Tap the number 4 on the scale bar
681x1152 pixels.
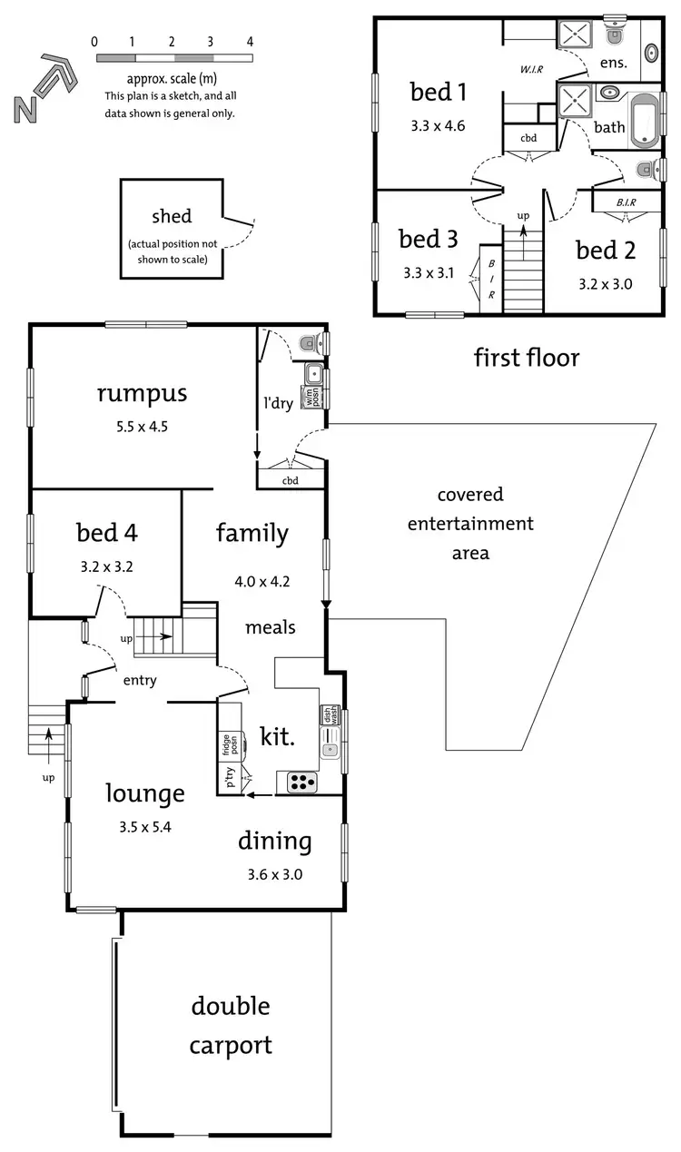[x=250, y=42]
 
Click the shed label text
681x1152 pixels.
[x=172, y=216]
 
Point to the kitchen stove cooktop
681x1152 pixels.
[x=301, y=782]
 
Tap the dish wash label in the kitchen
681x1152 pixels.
[x=329, y=714]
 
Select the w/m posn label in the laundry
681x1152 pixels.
[x=311, y=398]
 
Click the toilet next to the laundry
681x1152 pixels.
[x=310, y=342]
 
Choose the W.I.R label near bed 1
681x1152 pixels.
[x=530, y=69]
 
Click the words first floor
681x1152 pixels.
[x=526, y=358]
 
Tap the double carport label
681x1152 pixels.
[x=231, y=1025]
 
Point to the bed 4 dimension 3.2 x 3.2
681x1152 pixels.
[x=107, y=566]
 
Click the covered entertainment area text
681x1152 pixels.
[x=470, y=523]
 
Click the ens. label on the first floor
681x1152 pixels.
[x=613, y=64]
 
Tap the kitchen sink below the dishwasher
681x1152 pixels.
[x=330, y=750]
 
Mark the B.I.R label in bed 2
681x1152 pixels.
[x=625, y=202]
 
